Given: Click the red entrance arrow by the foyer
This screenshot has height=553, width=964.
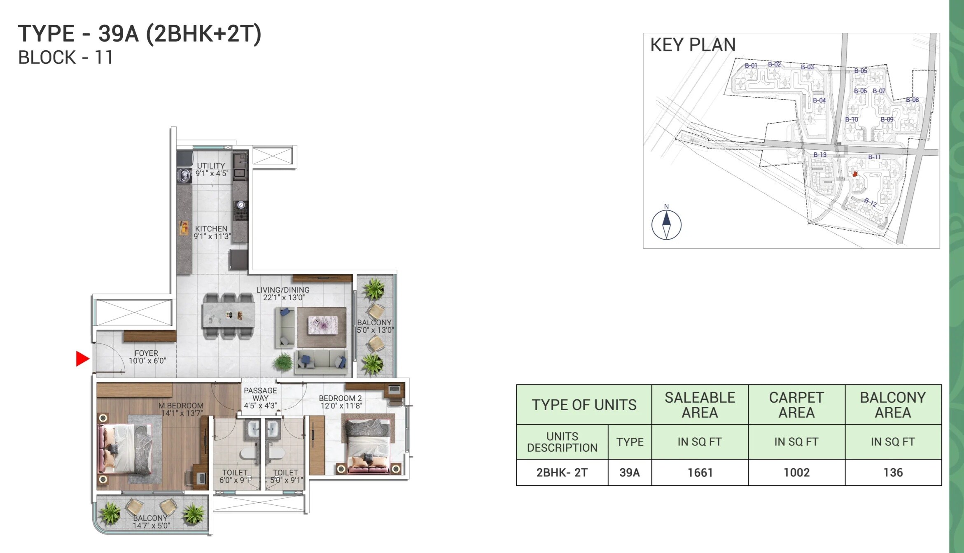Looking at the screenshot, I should [82, 359].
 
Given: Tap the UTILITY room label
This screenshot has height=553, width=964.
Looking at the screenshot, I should [211, 166].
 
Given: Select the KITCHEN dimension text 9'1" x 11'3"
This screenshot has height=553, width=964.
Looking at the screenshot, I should [212, 236].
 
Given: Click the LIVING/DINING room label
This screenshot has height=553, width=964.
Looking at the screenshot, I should [282, 290].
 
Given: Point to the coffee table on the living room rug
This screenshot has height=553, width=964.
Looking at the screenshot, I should [323, 325].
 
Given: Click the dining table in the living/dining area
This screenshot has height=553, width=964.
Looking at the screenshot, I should [229, 315].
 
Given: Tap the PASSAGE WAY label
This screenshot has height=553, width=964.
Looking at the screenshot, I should [260, 394].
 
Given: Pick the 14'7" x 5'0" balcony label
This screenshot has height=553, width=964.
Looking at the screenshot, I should [151, 525].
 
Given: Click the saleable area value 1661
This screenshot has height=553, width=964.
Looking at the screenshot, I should [700, 473].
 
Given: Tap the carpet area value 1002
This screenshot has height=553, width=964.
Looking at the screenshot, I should [796, 473].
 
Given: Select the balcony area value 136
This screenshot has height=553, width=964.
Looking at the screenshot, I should [893, 473].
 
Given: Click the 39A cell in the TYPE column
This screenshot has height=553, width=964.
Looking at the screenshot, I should [630, 473].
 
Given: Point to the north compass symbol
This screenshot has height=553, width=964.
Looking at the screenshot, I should [666, 225].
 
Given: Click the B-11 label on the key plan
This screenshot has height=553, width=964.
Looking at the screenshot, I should [874, 157].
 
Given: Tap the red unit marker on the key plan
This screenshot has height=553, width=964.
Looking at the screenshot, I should [855, 174].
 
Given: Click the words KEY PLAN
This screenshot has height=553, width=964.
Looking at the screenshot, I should [693, 45].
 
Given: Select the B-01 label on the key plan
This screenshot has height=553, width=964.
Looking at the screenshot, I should [751, 65].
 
